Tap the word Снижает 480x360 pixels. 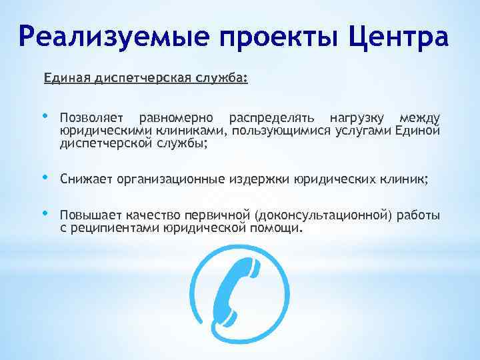86,179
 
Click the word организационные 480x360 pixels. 171,179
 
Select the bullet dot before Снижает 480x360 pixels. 45,177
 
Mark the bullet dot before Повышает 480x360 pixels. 45,213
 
